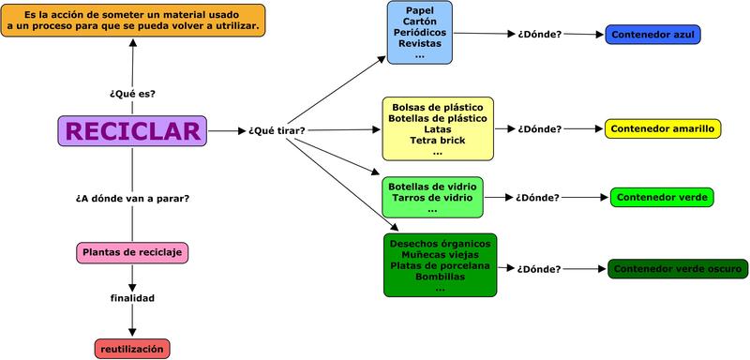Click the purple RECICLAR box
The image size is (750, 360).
(x=132, y=130)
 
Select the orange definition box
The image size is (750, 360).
(x=132, y=20)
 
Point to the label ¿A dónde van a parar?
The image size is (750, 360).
(x=132, y=198)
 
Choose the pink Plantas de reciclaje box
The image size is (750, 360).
(x=132, y=252)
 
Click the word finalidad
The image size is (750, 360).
(x=132, y=298)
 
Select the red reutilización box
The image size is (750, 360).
(x=132, y=349)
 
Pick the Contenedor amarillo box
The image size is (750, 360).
(x=662, y=128)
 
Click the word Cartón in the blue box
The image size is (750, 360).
(x=419, y=22)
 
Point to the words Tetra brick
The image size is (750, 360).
(x=437, y=141)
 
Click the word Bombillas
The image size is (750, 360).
(x=440, y=277)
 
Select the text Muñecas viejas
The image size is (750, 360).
(x=440, y=254)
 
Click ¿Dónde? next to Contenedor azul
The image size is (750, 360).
(x=539, y=35)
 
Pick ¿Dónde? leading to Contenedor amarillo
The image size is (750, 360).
(x=539, y=128)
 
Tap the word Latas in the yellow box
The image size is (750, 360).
(x=437, y=129)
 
